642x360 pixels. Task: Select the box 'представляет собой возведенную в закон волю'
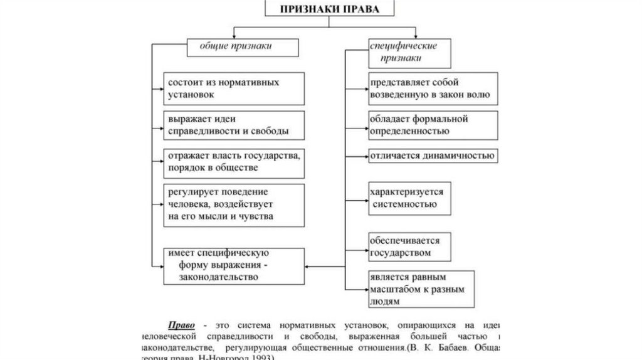tap(433, 88)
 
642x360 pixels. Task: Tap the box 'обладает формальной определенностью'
tap(433, 125)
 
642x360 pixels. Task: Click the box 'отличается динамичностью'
tap(433, 156)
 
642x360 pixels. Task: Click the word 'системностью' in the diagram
tap(403, 204)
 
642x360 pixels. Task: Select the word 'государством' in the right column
tap(401, 253)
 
